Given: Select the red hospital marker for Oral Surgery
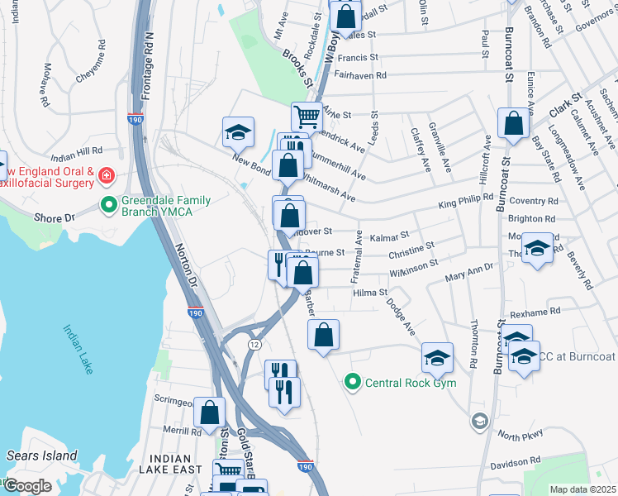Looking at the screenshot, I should point(106,175).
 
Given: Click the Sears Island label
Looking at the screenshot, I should point(41,455).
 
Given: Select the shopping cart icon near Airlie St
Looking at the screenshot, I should point(306,116).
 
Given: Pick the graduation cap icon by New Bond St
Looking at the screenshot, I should point(237,131).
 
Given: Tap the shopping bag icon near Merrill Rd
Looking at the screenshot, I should point(211,411).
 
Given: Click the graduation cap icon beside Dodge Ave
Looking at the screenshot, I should point(437,356).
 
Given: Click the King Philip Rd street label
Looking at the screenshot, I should point(465,199).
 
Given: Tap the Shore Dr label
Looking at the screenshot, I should point(55,217).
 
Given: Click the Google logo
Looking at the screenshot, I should point(26,486).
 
